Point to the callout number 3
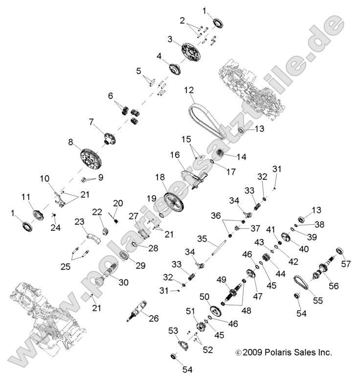[x=170, y=39]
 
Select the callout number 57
[x=346, y=264]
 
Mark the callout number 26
[x=154, y=319]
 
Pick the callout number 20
[x=117, y=203]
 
